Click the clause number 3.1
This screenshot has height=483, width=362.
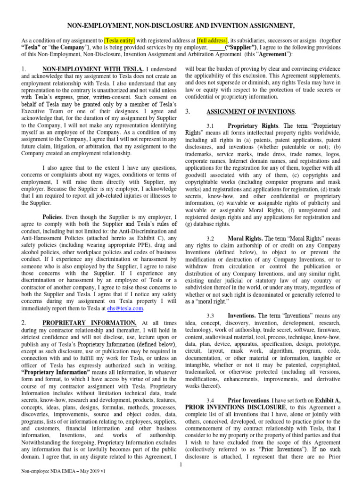point(211,126)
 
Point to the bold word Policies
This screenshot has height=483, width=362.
point(52,217)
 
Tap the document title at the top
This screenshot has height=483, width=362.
point(180,25)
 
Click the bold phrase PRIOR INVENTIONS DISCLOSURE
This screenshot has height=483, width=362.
point(236,407)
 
